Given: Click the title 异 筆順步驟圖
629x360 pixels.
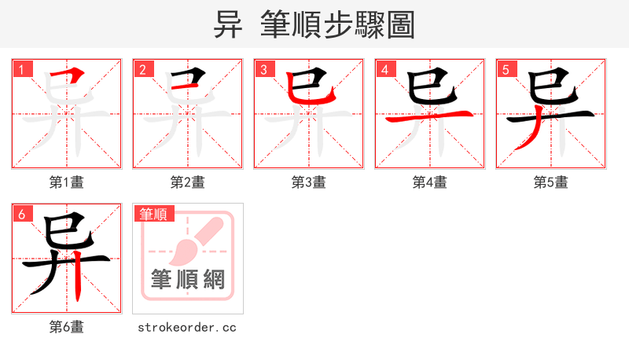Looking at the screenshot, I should click(x=314, y=24).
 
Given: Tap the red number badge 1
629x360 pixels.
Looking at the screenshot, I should click(x=21, y=69).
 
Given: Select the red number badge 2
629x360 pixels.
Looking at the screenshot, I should click(x=142, y=69).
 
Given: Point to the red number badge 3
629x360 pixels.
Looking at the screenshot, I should click(x=263, y=69).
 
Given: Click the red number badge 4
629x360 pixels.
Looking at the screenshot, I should click(x=384, y=69).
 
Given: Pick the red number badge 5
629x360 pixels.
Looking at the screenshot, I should click(x=506, y=69).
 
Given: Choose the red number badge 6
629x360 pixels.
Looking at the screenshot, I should click(x=21, y=214).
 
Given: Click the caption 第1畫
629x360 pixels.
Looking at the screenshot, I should click(x=67, y=182).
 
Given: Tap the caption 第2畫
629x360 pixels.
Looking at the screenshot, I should click(x=188, y=182).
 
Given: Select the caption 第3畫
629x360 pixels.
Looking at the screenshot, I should click(x=309, y=182).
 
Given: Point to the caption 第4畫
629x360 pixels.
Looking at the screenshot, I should click(x=430, y=182).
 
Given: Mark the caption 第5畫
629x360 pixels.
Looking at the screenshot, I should click(x=551, y=182).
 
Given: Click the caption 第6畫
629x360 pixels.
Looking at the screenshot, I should click(x=67, y=327).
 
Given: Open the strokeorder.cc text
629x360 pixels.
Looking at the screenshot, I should click(x=187, y=327).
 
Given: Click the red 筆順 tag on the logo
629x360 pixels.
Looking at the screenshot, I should click(x=155, y=214).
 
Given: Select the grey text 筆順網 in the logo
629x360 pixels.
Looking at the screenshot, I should click(x=187, y=279).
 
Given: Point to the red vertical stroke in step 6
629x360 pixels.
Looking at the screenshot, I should click(x=79, y=279).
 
